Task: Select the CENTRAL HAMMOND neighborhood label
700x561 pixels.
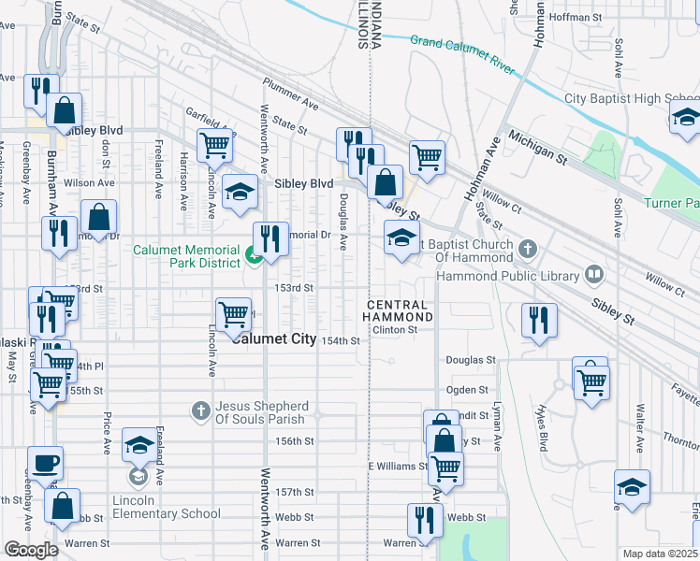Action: point(400,311)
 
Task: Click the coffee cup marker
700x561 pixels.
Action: point(45,464)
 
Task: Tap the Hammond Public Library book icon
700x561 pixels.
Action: point(592,274)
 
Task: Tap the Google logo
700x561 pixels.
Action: point(31,550)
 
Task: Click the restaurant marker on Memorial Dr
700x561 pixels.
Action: point(270,237)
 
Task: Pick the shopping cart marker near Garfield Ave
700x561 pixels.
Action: point(214,146)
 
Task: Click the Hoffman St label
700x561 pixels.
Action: point(575,17)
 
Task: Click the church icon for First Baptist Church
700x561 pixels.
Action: point(528,249)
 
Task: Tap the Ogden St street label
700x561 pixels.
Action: point(471,389)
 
